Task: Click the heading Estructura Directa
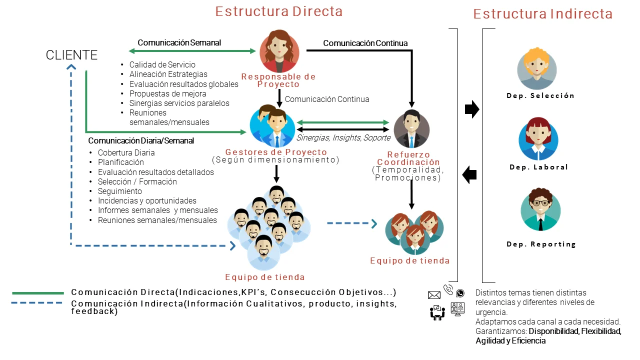[279, 11]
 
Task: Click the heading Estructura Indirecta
[543, 14]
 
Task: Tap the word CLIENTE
[71, 55]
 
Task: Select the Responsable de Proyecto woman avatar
[279, 52]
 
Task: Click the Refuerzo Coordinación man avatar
[411, 129]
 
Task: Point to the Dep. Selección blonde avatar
[537, 68]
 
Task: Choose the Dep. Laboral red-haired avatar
[538, 139]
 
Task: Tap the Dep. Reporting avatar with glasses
[540, 210]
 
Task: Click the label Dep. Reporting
[541, 244]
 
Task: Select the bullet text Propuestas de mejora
[167, 93]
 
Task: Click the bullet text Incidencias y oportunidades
[147, 200]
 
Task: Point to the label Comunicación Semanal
[179, 42]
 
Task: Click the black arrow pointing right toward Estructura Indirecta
[471, 109]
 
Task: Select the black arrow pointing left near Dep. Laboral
[469, 175]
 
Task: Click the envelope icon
[434, 295]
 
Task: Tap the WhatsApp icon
[460, 293]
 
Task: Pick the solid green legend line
[38, 293]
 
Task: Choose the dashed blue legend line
[38, 303]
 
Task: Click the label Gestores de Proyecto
[276, 152]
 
